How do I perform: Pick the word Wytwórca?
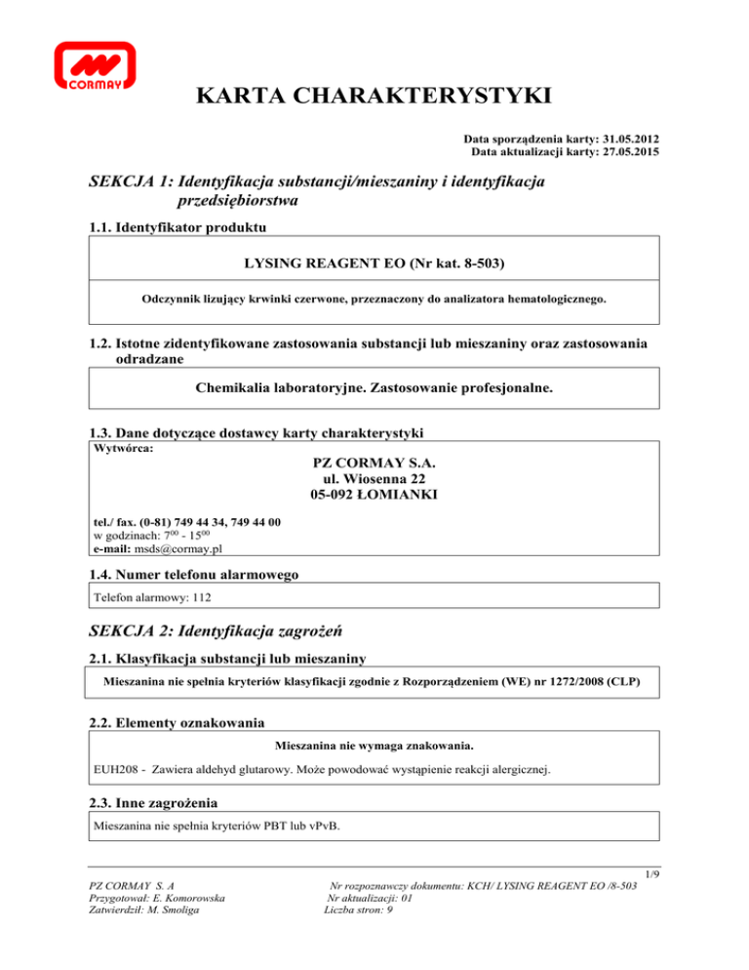(x=121, y=451)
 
